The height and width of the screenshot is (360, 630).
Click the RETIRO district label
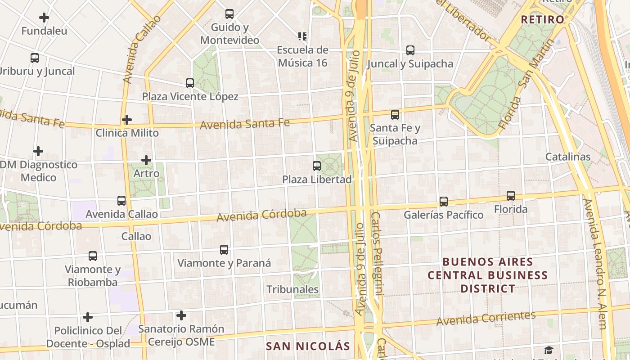542,19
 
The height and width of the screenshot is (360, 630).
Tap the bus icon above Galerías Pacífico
444,201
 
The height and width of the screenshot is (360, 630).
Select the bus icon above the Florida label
511,196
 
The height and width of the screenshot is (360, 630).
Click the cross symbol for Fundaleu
44,18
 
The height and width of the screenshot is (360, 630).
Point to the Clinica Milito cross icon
127,120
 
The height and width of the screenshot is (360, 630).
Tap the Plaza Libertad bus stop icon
317,166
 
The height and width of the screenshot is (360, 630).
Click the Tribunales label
292,289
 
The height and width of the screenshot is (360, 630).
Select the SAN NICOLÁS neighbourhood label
308,346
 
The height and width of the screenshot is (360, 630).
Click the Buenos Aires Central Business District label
488,275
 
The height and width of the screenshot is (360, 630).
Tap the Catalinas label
568,157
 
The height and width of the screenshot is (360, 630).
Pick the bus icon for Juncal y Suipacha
410,50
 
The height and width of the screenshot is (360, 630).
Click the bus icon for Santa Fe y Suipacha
395,115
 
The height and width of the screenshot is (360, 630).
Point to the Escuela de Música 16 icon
302,36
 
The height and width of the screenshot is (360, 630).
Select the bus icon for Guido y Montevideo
229,14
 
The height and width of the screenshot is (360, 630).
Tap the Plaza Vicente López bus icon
190,83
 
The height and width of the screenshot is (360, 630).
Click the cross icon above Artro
146,160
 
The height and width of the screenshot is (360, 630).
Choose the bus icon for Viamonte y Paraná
224,250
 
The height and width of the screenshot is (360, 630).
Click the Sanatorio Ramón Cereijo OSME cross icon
181,315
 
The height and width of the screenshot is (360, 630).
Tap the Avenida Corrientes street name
486,318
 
